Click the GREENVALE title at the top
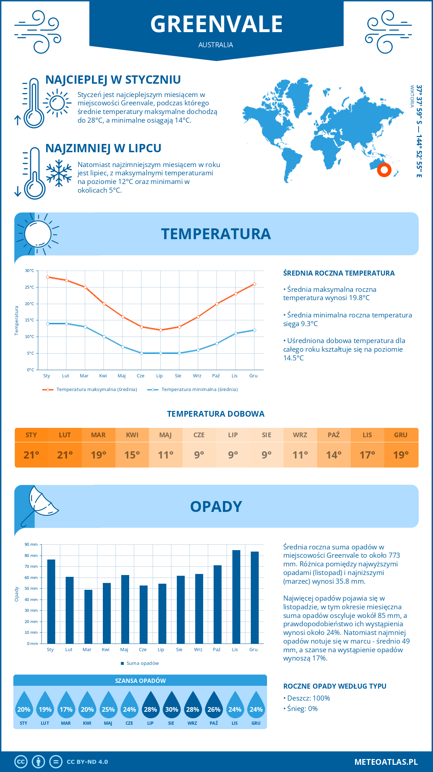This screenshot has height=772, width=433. (216, 24)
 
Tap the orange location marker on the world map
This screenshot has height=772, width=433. (384, 170)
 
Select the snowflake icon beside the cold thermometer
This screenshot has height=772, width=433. (59, 173)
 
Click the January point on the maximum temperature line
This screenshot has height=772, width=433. (48, 277)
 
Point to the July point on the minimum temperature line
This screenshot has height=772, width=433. (161, 353)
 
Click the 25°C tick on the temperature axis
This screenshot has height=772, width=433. (30, 287)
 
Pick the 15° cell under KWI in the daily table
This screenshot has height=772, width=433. (132, 455)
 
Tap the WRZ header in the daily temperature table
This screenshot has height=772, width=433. (300, 435)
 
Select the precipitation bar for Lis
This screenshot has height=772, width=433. (236, 597)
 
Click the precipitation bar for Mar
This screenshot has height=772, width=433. (88, 617)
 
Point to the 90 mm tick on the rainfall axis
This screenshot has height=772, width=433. (31, 544)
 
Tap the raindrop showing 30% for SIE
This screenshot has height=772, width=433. (171, 705)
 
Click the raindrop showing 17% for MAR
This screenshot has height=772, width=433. (66, 705)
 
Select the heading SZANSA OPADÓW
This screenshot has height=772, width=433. (140, 681)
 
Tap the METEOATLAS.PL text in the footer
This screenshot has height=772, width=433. (386, 762)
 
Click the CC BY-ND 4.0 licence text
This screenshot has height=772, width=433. (87, 762)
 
